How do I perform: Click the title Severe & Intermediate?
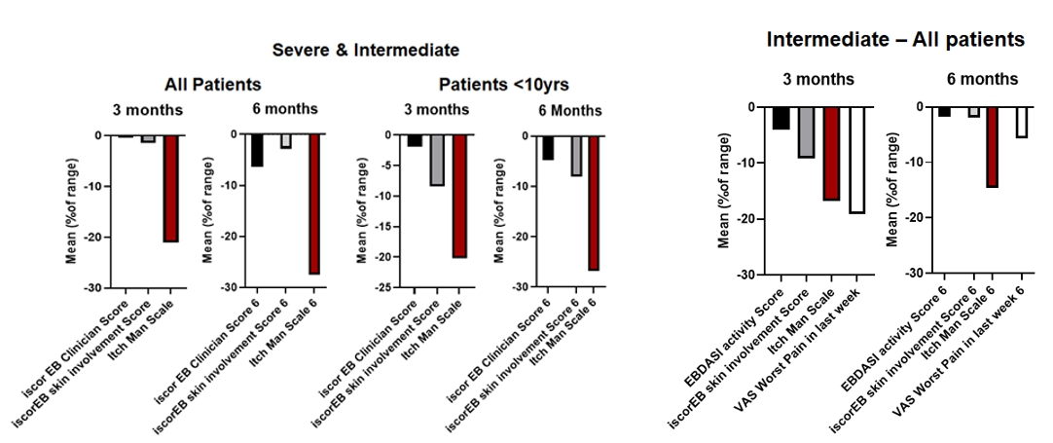pos(365,50)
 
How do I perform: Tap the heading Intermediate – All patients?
pos(895,40)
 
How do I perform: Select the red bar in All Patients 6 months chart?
pos(313,204)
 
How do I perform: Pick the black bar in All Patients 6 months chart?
pos(257,151)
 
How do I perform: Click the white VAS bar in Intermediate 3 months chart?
pos(856,160)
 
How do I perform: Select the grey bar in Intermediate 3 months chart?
pos(806,132)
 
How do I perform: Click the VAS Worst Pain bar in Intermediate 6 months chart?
pos(1021,123)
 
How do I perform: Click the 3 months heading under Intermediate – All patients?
pos(819,79)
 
